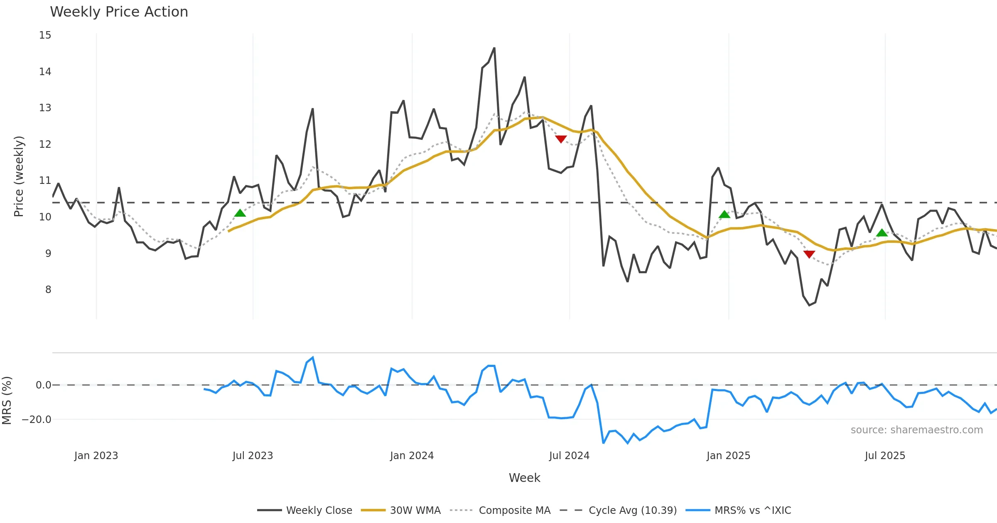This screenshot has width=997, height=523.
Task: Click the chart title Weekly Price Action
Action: (119, 12)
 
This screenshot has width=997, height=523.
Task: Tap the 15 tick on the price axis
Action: (45, 35)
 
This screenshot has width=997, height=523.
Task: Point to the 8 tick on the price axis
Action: (48, 290)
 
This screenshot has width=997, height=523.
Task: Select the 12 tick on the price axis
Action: (45, 144)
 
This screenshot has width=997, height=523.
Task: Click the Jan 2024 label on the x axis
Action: (412, 456)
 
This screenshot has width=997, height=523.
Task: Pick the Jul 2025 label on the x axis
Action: (885, 456)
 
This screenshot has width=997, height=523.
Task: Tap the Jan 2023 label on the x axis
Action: (96, 456)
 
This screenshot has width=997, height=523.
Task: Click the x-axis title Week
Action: (524, 478)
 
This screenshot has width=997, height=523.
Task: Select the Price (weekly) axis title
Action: (19, 176)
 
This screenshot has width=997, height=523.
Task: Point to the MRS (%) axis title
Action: (7, 401)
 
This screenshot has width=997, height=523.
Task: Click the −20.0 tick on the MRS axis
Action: (37, 420)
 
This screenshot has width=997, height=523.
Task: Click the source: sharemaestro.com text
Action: (916, 430)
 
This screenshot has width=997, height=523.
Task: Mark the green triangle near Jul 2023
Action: (240, 213)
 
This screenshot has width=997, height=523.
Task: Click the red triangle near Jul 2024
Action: (561, 139)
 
